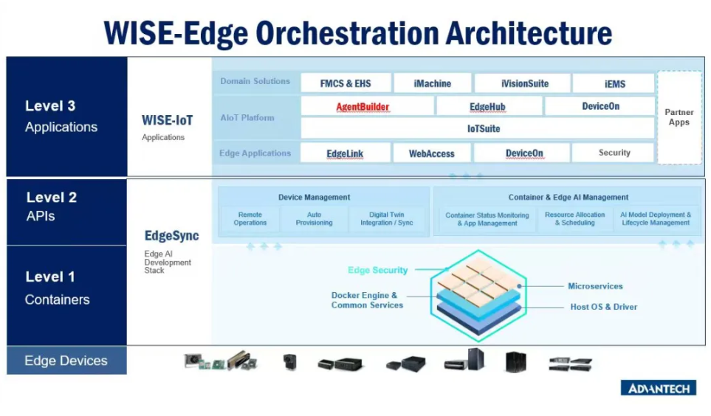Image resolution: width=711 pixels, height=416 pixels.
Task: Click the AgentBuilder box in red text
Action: (363, 107)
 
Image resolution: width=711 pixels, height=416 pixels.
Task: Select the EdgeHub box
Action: (487, 107)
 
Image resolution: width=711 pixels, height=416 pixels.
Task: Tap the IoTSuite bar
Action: (484, 128)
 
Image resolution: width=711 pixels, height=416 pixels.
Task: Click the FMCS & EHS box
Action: (346, 83)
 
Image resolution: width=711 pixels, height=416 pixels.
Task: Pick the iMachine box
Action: (432, 83)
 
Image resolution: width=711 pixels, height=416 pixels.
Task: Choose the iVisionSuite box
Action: (525, 83)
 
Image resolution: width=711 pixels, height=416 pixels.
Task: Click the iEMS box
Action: (614, 83)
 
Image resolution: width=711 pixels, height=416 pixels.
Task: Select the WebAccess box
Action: (432, 153)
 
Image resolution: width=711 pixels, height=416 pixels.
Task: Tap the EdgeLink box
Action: (346, 153)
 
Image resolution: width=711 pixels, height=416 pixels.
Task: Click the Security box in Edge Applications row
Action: (614, 153)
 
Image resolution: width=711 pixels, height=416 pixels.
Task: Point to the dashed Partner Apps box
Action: (679, 117)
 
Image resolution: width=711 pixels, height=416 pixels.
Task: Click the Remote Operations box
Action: (250, 219)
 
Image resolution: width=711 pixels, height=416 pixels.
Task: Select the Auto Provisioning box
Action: (314, 219)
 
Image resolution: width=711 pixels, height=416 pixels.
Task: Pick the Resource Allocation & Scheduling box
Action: (574, 219)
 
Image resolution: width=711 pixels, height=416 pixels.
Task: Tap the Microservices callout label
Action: (595, 286)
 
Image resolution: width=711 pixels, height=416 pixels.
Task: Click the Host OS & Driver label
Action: (603, 307)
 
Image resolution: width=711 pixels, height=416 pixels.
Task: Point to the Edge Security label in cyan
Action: (377, 270)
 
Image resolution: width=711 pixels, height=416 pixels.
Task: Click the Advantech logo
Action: (658, 388)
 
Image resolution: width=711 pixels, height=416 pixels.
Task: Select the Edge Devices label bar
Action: (66, 361)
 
